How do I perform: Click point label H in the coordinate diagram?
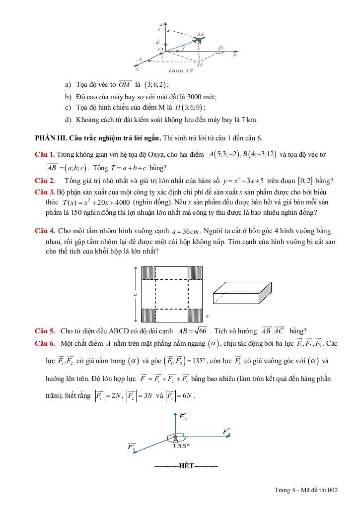[x=199, y=64]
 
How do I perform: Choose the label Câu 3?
[x=45, y=191]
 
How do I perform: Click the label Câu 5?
[x=45, y=331]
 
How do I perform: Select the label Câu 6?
[x=45, y=343]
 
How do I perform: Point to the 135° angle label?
[x=181, y=445]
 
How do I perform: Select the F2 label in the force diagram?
[x=226, y=432]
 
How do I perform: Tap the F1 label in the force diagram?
[x=132, y=447]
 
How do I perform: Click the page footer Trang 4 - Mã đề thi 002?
[x=306, y=490]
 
